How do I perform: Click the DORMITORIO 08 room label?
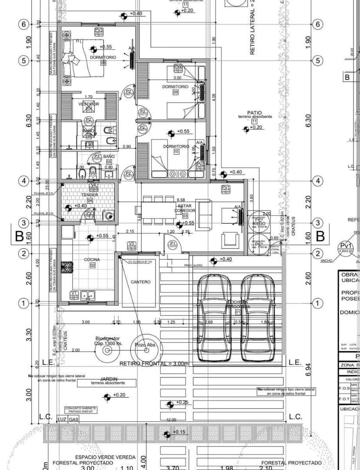click(x=103, y=60)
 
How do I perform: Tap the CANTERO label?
click(x=140, y=282)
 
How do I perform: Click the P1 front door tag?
click(x=173, y=245)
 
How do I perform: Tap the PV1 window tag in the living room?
click(x=226, y=188)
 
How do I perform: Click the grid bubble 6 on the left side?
click(x=23, y=24)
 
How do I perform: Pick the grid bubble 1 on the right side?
click(x=318, y=303)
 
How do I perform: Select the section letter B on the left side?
click(x=19, y=236)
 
